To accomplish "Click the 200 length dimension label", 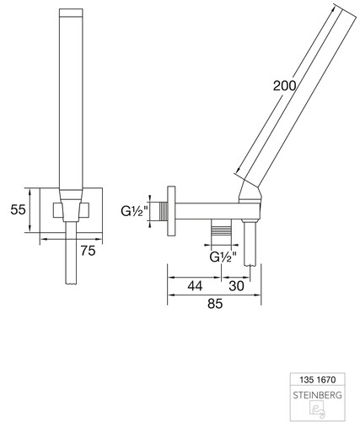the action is tap(285, 85).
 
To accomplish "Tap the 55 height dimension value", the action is tap(18, 209).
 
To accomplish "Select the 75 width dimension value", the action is tap(88, 251).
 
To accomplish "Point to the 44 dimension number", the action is tap(195, 286).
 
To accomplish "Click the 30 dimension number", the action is tap(236, 286).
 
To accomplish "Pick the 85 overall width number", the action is tap(215, 304).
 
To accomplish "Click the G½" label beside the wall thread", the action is tap(134, 211).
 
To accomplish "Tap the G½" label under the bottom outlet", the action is tap(223, 257).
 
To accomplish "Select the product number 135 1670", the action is tap(318, 380).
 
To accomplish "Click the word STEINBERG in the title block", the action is tap(318, 395).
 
